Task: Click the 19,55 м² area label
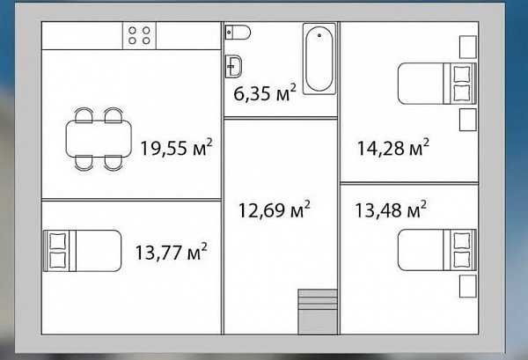(177, 147)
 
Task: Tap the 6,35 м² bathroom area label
(265, 92)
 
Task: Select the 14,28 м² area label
(393, 147)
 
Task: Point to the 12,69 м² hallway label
(274, 209)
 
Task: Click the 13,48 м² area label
(391, 209)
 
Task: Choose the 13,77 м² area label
(171, 252)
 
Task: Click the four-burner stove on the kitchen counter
(139, 36)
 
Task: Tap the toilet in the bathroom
(238, 33)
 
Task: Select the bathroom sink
(233, 66)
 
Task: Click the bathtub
(319, 59)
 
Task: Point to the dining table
(99, 138)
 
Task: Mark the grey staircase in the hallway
(318, 312)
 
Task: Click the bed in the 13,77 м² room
(82, 251)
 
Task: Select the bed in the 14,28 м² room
(437, 84)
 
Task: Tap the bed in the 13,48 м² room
(437, 250)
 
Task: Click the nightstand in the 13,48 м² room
(468, 286)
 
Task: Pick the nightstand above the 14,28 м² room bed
(468, 47)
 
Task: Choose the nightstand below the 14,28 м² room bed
(468, 120)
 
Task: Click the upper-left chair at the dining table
(84, 114)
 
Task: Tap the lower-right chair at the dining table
(114, 163)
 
